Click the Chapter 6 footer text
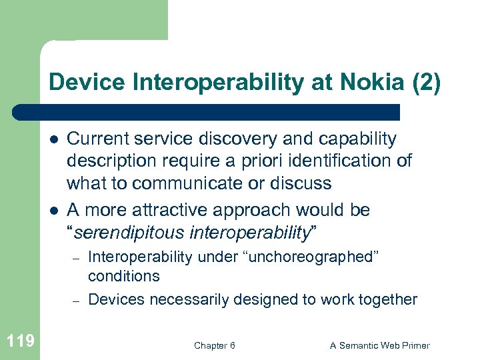click(x=214, y=345)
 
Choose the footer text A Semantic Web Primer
click(x=380, y=345)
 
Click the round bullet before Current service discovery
click(x=51, y=139)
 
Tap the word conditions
click(x=123, y=276)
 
